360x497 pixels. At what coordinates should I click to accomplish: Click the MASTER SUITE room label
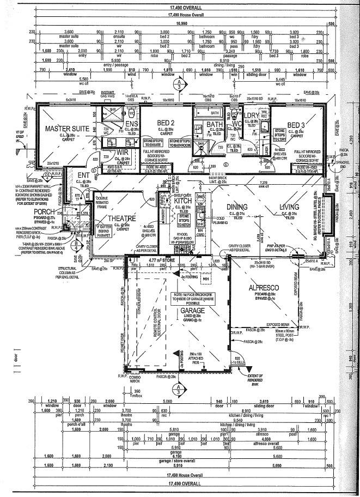pos(66,129)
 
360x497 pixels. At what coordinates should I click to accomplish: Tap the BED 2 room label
pos(166,122)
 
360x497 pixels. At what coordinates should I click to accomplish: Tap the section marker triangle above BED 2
pos(180,85)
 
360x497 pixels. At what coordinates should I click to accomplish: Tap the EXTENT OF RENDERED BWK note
pos(255,380)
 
